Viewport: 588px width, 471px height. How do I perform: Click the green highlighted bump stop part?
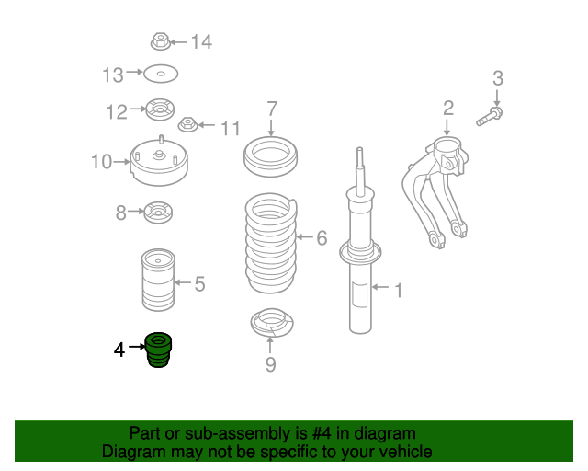158,350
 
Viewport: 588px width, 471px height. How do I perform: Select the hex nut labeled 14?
161,41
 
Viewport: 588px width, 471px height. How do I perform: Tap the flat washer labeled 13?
161,74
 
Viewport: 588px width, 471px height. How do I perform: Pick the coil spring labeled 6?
271,243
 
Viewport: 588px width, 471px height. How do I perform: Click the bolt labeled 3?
490,117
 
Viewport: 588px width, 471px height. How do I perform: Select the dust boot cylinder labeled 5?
158,280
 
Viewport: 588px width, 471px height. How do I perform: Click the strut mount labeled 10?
159,161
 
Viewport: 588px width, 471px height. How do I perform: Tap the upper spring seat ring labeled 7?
270,156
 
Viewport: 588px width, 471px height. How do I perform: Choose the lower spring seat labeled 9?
272,323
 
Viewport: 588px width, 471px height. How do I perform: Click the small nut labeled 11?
187,124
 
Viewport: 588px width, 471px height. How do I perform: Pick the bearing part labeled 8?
158,213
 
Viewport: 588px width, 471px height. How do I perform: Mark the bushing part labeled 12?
160,109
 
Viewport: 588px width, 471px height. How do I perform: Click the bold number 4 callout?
119,350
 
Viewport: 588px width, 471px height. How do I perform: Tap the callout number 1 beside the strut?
399,291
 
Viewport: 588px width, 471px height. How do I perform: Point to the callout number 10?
102,162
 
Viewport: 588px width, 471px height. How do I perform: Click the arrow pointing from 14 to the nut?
178,42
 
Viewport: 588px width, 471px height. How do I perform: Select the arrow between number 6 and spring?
304,237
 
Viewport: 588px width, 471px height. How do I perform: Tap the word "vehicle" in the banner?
410,452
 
